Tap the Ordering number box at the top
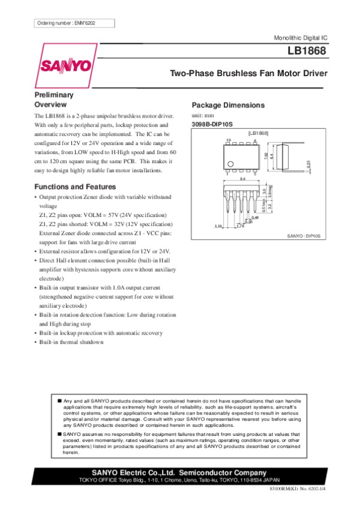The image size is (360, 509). tap(74, 23)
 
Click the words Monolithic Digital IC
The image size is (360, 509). tap(300, 38)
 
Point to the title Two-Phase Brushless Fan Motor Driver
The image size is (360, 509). tap(249, 74)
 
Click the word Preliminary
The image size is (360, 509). tap(54, 95)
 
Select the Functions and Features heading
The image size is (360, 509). tap(73, 186)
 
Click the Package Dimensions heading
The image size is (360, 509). tap(227, 105)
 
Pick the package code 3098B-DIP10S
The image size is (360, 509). tap(214, 124)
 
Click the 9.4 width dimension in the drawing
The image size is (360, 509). tap(242, 179)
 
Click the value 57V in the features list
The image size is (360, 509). tap(120, 215)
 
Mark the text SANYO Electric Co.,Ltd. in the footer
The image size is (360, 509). tap(130, 472)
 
